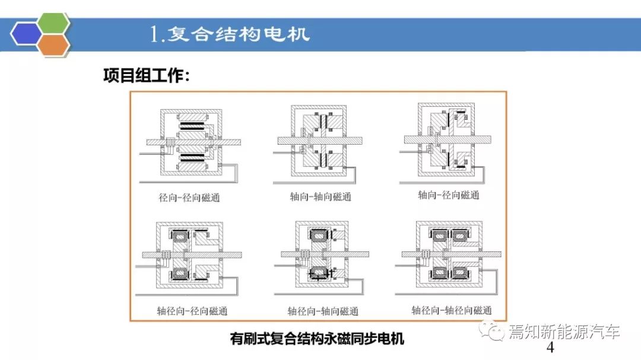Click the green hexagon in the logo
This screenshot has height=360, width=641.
point(53,23)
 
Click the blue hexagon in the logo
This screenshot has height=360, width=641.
point(26,33)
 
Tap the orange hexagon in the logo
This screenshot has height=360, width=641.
point(53,44)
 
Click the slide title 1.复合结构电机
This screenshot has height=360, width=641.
point(230,34)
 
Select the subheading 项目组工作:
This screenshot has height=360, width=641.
point(147,75)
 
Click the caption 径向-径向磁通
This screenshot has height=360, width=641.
point(189,197)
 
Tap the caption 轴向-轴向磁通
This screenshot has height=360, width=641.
point(320,197)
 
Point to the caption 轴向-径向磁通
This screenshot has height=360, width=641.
point(449,195)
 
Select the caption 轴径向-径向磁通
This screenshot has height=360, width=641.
point(192,311)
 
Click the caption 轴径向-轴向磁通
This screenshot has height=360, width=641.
point(323,311)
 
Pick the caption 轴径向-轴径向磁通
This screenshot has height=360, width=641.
point(452,311)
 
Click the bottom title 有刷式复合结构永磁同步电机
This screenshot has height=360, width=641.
point(317,339)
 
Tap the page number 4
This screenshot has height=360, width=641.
point(550,348)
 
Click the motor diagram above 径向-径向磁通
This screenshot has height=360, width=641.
point(190,146)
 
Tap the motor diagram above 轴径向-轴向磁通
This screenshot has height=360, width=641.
point(322,257)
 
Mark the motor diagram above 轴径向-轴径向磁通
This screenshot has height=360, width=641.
point(449,257)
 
